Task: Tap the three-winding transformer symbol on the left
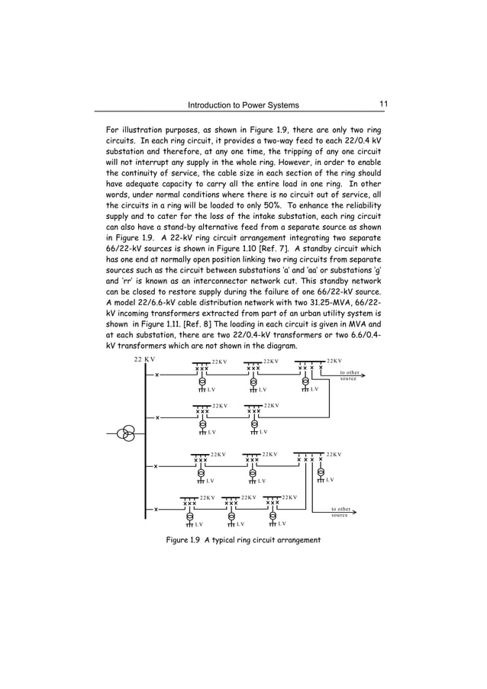[126, 435]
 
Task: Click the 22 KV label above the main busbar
[144, 359]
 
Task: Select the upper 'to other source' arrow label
[349, 375]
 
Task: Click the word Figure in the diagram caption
[181, 541]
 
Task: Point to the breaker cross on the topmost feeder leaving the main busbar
[156, 375]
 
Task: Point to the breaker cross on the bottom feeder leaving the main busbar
[156, 510]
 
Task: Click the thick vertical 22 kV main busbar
[145, 443]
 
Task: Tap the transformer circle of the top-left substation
[202, 381]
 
